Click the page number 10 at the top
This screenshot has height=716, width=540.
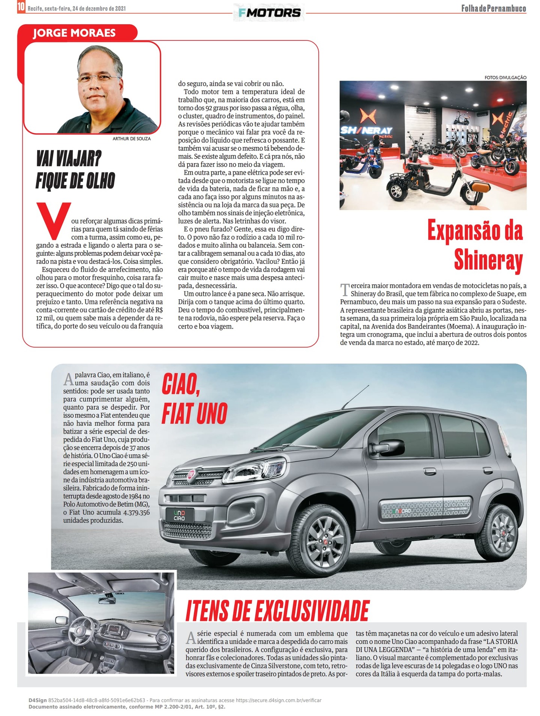[21, 7]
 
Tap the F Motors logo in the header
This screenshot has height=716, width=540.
[269, 13]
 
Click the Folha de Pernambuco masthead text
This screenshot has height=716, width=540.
[493, 8]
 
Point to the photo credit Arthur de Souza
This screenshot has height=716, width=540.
[132, 139]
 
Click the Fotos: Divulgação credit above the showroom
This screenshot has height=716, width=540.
[505, 78]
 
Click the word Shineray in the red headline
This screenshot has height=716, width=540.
[488, 260]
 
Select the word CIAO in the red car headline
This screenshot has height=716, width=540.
[180, 384]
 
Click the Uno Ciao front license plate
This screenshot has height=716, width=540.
[179, 515]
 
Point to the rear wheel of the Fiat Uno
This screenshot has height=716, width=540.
[503, 532]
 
